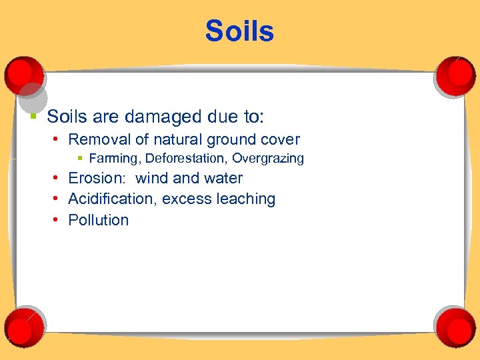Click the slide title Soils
pyautogui.click(x=239, y=31)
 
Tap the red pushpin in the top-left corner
pyautogui.click(x=24, y=75)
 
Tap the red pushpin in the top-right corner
pyautogui.click(x=455, y=75)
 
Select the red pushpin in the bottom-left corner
pyautogui.click(x=24, y=325)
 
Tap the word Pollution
pyautogui.click(x=99, y=220)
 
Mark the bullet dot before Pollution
pyautogui.click(x=59, y=220)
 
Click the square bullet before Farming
pyautogui.click(x=79, y=159)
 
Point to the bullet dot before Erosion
pyautogui.click(x=59, y=178)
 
